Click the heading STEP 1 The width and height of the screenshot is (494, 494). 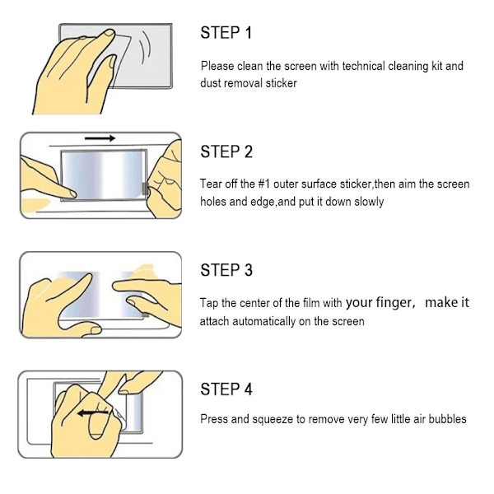[x=226, y=33]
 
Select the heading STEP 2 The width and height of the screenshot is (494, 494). [x=226, y=151]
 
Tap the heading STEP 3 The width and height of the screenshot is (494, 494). [x=226, y=270]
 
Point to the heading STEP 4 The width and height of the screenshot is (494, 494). [x=226, y=389]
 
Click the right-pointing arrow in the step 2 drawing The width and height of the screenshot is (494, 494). [x=100, y=138]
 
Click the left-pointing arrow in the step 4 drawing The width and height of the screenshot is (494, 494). [x=94, y=413]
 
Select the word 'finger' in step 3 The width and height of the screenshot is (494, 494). [x=394, y=303]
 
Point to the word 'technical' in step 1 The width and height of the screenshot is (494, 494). [x=364, y=66]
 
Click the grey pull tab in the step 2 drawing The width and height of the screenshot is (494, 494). [x=145, y=189]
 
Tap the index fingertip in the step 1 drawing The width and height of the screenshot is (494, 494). [x=110, y=33]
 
